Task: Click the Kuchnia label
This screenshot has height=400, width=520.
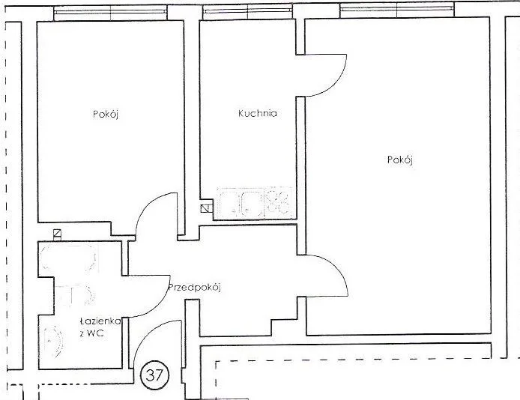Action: (257, 113)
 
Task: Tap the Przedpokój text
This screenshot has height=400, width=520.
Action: (195, 288)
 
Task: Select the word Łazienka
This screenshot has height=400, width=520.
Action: (100, 321)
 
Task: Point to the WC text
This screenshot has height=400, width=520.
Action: (95, 333)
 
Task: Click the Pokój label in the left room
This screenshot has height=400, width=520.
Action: (106, 115)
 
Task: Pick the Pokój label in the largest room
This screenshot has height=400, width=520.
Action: (400, 160)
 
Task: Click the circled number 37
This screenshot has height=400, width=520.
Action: (155, 375)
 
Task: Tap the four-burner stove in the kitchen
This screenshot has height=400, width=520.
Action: (278, 202)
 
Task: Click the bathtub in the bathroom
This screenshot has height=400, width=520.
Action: (69, 258)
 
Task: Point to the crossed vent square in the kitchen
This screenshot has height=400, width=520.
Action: (205, 209)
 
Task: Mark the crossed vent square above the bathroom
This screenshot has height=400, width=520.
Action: (58, 234)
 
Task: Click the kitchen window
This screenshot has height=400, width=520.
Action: (248, 11)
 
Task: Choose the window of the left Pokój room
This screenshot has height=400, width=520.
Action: (110, 13)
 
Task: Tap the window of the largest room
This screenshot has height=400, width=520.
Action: (397, 10)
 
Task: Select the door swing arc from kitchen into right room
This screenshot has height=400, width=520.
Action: (339, 83)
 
